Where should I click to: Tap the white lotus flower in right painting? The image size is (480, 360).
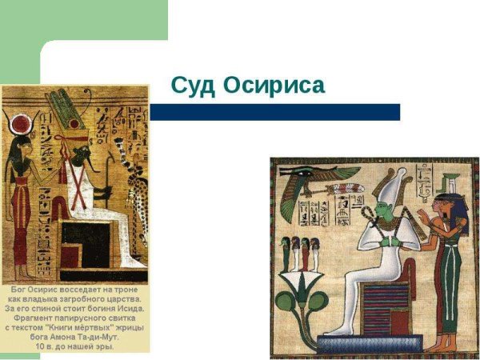pos(304,282)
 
